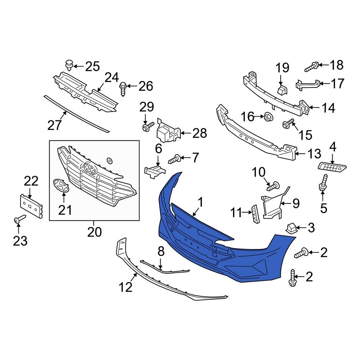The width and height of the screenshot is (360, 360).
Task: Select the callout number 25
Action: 92,66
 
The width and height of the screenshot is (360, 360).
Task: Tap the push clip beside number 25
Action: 69,66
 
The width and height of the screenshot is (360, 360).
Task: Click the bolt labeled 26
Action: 123,88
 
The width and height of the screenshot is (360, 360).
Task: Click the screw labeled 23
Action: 19,219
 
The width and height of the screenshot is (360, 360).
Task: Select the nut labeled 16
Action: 267,117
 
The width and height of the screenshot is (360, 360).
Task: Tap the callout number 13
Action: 314,154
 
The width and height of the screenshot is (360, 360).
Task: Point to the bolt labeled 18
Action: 311,67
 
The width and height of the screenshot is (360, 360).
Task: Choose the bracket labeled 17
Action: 307,84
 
